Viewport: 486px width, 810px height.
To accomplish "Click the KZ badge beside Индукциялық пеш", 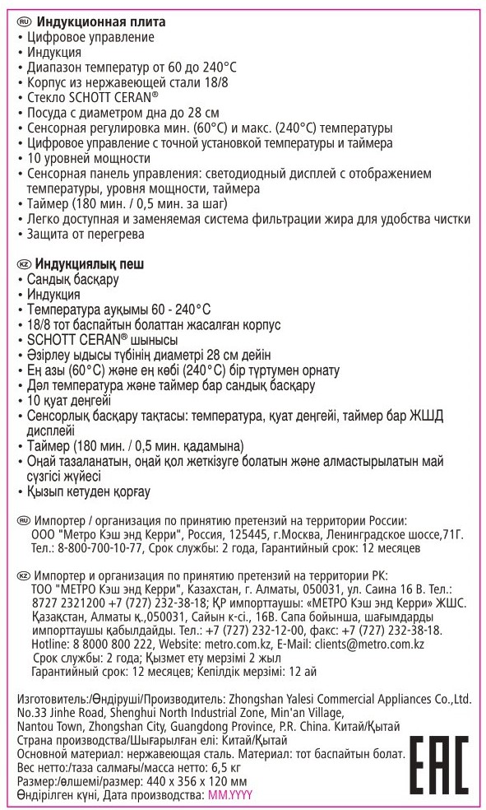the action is [24, 264].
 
